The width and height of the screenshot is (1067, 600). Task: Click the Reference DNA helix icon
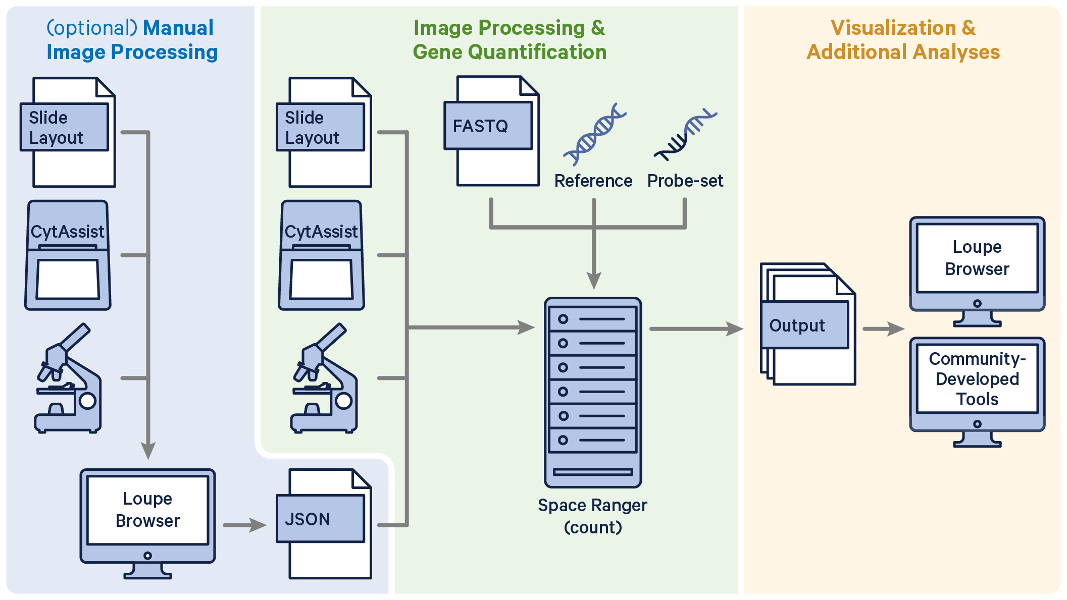(x=594, y=135)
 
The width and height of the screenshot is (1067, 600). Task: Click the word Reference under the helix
(x=593, y=181)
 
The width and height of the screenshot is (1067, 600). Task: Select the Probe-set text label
(x=685, y=181)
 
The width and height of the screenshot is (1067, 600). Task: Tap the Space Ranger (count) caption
(x=592, y=516)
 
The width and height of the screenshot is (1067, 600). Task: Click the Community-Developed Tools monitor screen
(x=977, y=379)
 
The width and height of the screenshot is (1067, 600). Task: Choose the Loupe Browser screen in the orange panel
(x=977, y=258)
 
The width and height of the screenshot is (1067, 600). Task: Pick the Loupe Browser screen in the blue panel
(x=147, y=510)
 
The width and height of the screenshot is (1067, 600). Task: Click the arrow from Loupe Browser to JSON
(x=244, y=525)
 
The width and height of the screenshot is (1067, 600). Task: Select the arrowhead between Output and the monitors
(x=896, y=329)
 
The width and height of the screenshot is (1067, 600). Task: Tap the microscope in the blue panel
(x=68, y=378)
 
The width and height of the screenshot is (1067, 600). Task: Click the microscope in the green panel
(x=324, y=378)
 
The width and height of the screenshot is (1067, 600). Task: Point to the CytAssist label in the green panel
(x=321, y=232)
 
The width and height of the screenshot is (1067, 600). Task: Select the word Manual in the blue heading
(x=178, y=28)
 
